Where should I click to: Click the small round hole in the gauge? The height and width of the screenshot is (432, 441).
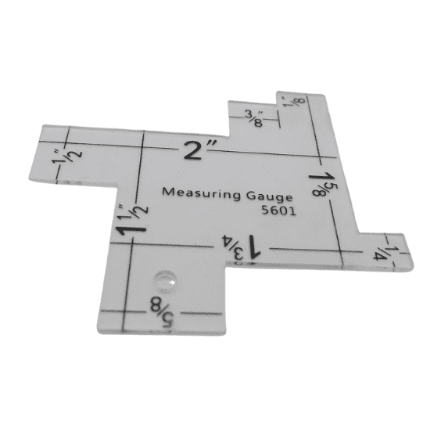click(164, 277)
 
